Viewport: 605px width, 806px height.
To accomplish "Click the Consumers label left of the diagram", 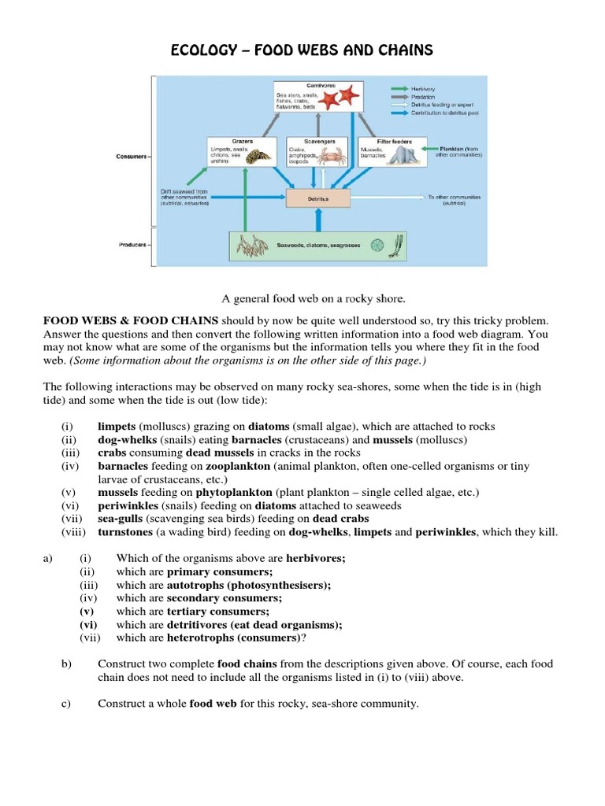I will pos(132,157).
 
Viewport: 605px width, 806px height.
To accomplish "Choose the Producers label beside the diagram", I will pos(132,245).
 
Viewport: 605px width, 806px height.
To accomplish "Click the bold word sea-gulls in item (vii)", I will pos(121,519).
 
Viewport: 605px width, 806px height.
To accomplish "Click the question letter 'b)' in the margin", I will pos(66,664).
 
